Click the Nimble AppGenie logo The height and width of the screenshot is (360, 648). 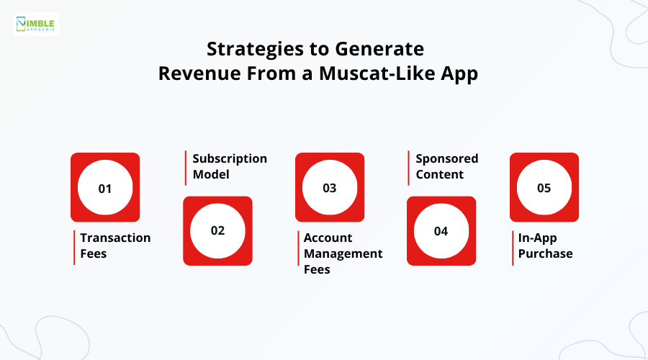[35, 23]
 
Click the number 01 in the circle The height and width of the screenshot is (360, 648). [105, 188]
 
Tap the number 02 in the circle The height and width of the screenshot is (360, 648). [217, 231]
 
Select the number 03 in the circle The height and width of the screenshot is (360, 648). [329, 188]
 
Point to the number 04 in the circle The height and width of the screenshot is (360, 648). [441, 231]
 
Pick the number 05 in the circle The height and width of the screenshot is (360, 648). [544, 188]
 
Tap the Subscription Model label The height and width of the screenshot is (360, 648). [229, 166]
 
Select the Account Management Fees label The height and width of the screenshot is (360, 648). [343, 253]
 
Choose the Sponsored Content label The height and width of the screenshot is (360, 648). [446, 166]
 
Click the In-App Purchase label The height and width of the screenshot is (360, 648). [545, 246]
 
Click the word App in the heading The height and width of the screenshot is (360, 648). [462, 74]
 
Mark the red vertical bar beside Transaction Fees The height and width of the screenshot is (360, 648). [73, 248]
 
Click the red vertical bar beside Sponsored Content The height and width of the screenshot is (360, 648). [409, 167]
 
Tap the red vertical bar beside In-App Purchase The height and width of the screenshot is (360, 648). [513, 248]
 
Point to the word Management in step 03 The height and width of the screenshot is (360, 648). [343, 253]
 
